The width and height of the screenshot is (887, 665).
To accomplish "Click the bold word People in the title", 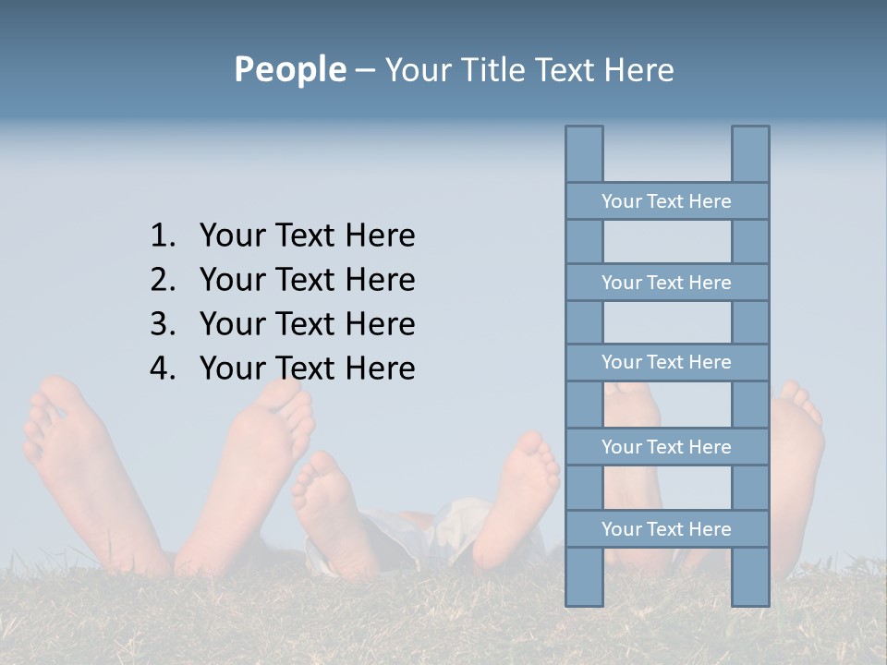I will [x=289, y=69].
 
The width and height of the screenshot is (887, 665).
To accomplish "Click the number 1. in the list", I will [x=163, y=236].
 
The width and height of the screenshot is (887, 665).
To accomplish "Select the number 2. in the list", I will [x=163, y=280].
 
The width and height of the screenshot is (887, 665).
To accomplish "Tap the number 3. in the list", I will [x=163, y=324].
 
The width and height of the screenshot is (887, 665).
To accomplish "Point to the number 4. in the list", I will [x=163, y=369].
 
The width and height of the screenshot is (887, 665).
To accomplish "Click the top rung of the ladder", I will [x=666, y=201].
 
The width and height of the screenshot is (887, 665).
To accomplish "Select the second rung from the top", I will [x=666, y=283].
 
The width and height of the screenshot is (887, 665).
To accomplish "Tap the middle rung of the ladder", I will [x=666, y=362].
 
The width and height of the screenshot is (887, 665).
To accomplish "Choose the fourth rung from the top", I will [x=666, y=447].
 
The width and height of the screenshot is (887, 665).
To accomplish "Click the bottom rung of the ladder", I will [x=666, y=529].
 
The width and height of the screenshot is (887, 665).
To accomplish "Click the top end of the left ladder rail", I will [x=584, y=130].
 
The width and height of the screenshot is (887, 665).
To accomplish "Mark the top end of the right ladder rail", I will [x=750, y=130].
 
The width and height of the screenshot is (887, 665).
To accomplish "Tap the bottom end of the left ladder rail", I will [x=584, y=601].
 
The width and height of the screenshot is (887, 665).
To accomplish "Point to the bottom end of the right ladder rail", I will [x=750, y=601].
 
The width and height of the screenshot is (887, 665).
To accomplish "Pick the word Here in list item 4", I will [x=380, y=369].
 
